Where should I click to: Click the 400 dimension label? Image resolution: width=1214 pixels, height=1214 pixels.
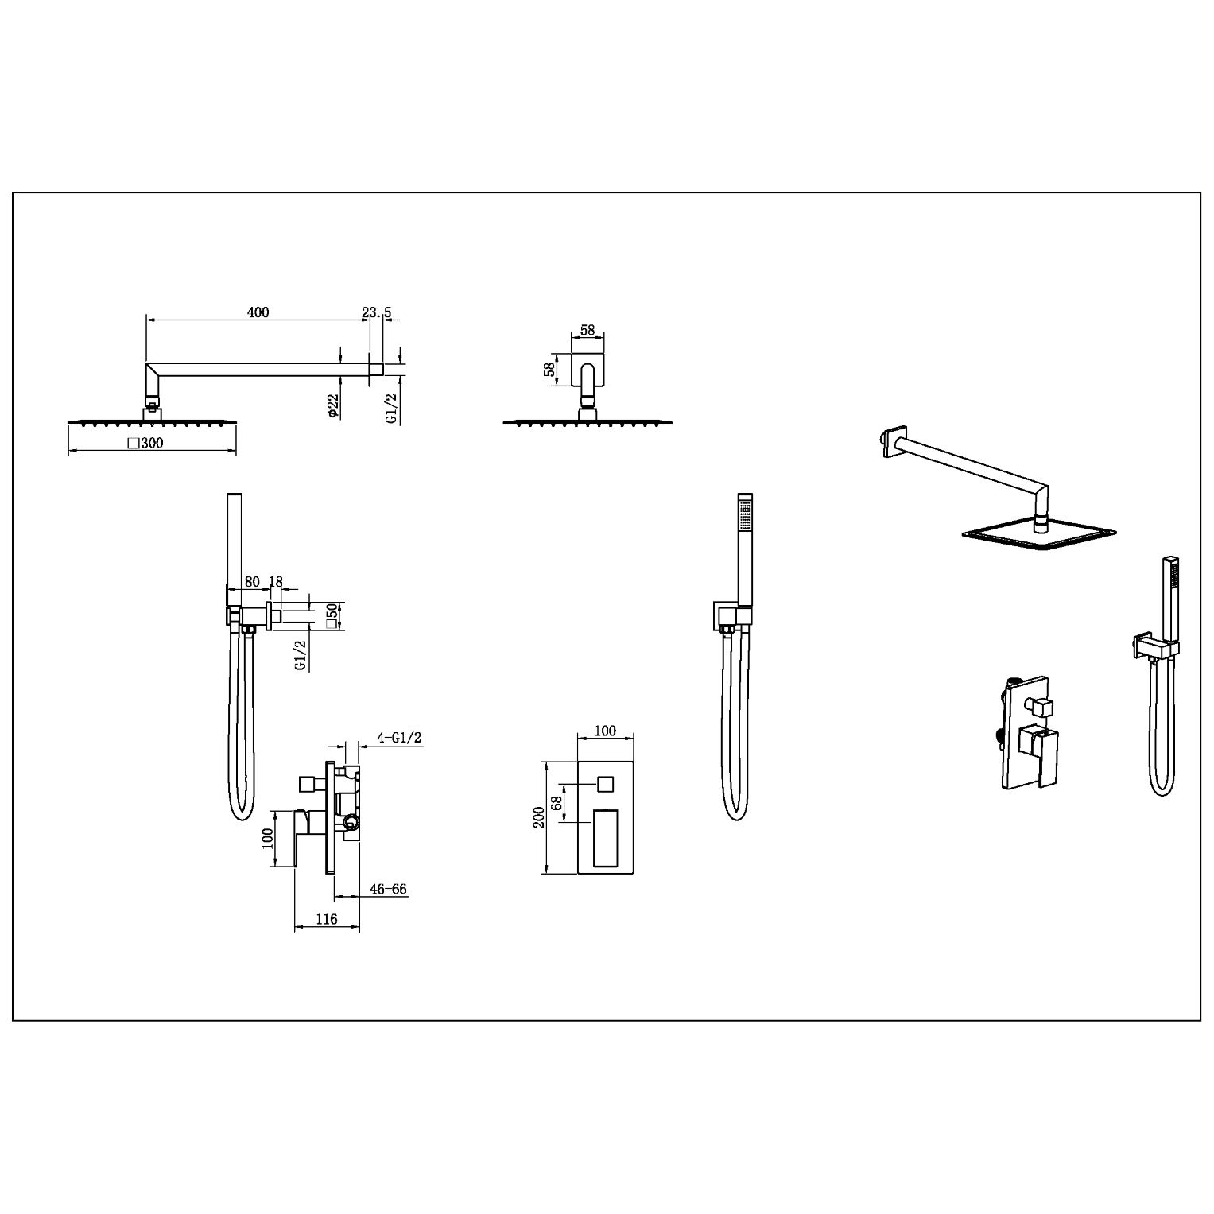[258, 312]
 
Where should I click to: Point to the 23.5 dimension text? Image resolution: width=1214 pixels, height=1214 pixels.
[377, 312]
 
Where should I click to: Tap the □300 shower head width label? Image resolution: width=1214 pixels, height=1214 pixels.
[145, 443]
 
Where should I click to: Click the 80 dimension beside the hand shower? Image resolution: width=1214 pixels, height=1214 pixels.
[252, 581]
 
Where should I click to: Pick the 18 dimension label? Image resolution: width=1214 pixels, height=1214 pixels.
[275, 581]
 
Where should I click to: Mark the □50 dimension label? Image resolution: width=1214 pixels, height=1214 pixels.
[333, 615]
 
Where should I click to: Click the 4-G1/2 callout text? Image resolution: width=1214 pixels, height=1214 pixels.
[399, 738]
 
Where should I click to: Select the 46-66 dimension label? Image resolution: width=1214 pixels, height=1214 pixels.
[389, 889]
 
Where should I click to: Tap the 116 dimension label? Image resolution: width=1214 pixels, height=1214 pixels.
[327, 919]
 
